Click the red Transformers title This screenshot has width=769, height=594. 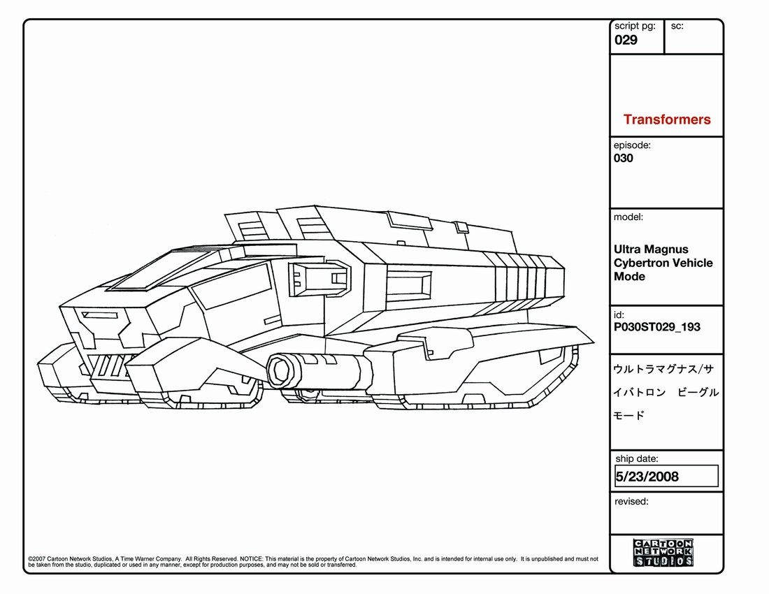[x=666, y=119]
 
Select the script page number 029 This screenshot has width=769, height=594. [x=626, y=40]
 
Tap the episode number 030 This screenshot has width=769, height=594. [x=624, y=159]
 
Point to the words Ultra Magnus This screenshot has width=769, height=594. [x=651, y=249]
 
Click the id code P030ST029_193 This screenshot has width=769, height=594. [x=656, y=327]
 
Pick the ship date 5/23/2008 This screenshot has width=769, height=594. [x=647, y=477]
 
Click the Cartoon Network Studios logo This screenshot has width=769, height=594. [x=663, y=552]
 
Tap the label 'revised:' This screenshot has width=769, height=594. [x=631, y=501]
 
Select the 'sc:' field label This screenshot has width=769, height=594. [x=677, y=26]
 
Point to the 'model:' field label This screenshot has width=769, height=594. [x=628, y=217]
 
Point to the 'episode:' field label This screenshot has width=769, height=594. [x=632, y=145]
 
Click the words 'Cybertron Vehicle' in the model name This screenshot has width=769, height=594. [x=663, y=263]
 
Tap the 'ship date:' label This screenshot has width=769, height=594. [x=637, y=459]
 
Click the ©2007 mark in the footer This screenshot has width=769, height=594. [x=36, y=559]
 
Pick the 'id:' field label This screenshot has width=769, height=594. [x=619, y=315]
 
